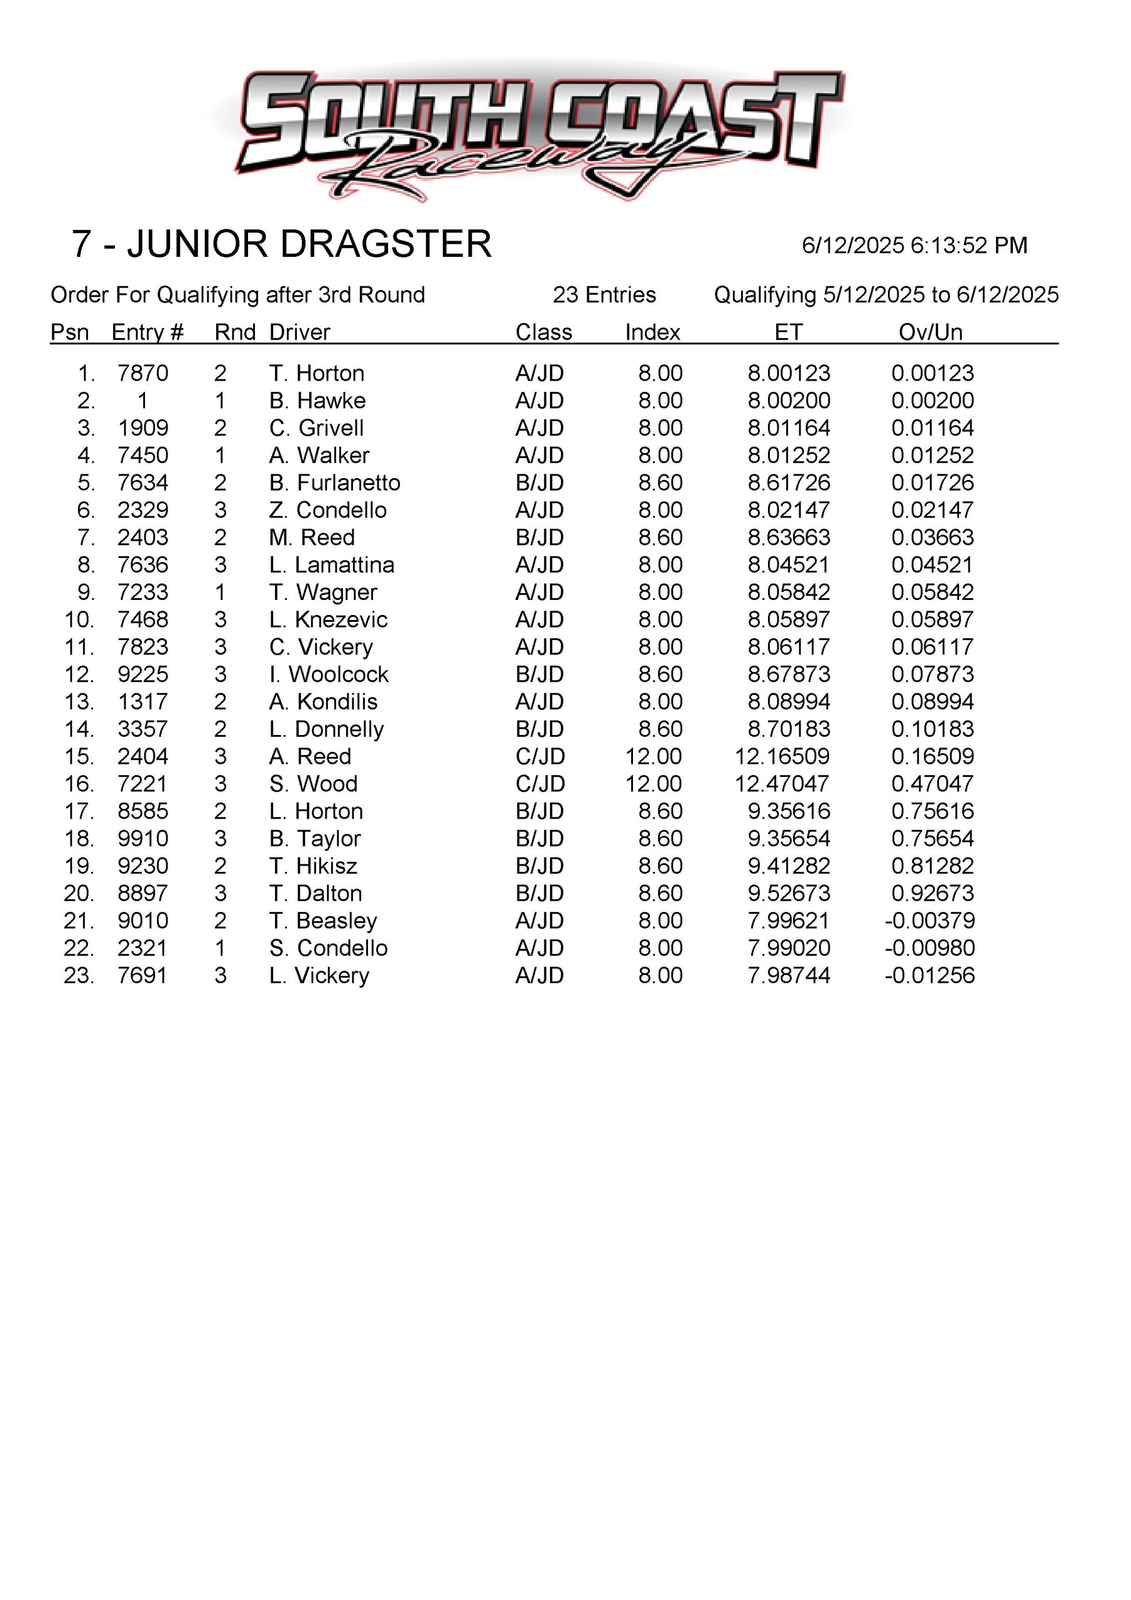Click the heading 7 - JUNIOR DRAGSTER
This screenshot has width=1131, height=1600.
pyautogui.click(x=282, y=244)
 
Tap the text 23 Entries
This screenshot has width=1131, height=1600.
pyautogui.click(x=604, y=296)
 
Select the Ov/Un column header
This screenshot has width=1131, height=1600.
pyautogui.click(x=930, y=332)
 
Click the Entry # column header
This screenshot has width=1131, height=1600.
pyautogui.click(x=147, y=332)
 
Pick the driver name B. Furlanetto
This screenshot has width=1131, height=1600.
pyautogui.click(x=334, y=483)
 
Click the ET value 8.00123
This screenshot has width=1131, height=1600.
pyautogui.click(x=789, y=374)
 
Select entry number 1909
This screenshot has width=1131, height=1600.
pyautogui.click(x=143, y=428)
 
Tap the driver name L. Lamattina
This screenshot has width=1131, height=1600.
pyautogui.click(x=332, y=565)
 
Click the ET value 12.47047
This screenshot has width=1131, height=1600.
pyautogui.click(x=782, y=784)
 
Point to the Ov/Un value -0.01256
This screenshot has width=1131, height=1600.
pyautogui.click(x=930, y=976)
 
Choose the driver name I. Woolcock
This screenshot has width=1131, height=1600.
pyautogui.click(x=328, y=674)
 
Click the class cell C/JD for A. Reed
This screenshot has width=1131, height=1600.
pyautogui.click(x=540, y=757)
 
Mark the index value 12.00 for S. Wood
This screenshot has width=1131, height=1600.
pyautogui.click(x=654, y=784)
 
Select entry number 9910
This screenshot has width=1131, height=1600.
pyautogui.click(x=143, y=839)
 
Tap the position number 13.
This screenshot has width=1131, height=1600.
pyautogui.click(x=79, y=702)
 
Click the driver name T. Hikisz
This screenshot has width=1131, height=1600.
pyautogui.click(x=313, y=866)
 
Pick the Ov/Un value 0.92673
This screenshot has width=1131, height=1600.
pyautogui.click(x=932, y=893)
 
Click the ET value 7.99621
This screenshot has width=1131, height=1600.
pyautogui.click(x=789, y=921)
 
